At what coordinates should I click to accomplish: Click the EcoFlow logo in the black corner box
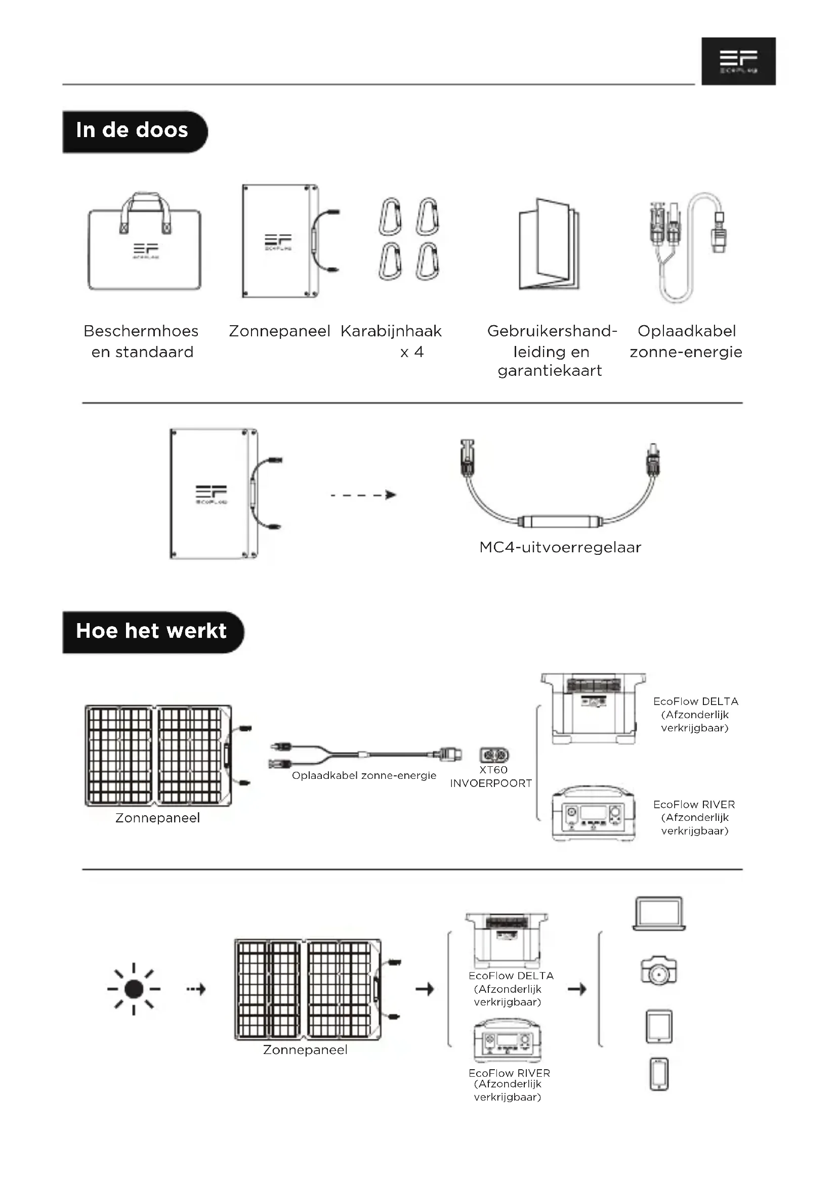click(x=738, y=61)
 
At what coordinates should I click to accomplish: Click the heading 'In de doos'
click(x=132, y=130)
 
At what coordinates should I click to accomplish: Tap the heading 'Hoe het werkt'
click(x=151, y=631)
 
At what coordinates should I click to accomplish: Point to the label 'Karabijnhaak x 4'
click(x=392, y=340)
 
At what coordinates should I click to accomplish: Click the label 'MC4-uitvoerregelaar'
click(x=560, y=547)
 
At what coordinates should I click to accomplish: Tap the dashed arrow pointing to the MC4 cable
click(x=363, y=495)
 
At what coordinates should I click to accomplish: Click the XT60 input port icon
click(x=494, y=755)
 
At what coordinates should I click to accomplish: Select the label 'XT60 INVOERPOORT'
click(x=491, y=776)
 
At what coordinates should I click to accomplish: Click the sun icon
click(x=134, y=989)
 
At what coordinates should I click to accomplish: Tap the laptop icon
click(x=659, y=913)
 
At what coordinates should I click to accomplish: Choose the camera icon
click(x=658, y=971)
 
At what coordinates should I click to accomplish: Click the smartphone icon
click(x=659, y=1074)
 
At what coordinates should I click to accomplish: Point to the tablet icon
click(x=659, y=1026)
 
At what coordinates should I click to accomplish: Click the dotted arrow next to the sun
click(x=196, y=989)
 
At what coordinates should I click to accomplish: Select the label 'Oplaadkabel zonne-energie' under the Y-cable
click(x=364, y=775)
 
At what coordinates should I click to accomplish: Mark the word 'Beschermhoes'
click(x=141, y=331)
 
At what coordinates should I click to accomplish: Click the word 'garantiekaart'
click(x=550, y=370)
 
